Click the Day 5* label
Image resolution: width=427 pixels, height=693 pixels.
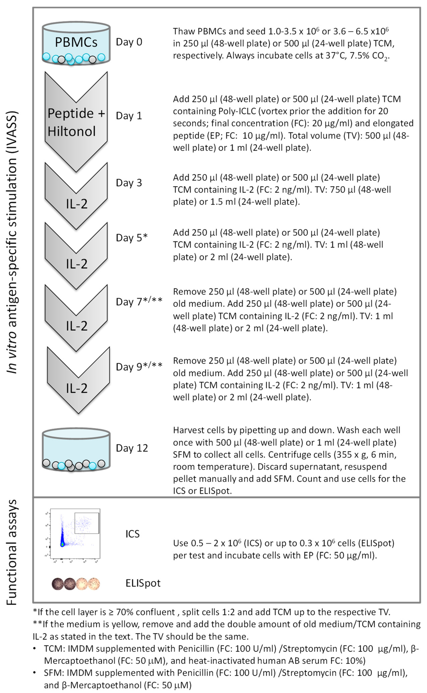coord(132,238)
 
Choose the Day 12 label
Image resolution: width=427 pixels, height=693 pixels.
coord(132,448)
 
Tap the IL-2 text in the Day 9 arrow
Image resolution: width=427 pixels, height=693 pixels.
coord(77,389)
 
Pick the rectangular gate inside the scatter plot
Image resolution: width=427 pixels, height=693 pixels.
coord(87,523)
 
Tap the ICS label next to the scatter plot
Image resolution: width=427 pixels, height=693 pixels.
coord(132,534)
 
